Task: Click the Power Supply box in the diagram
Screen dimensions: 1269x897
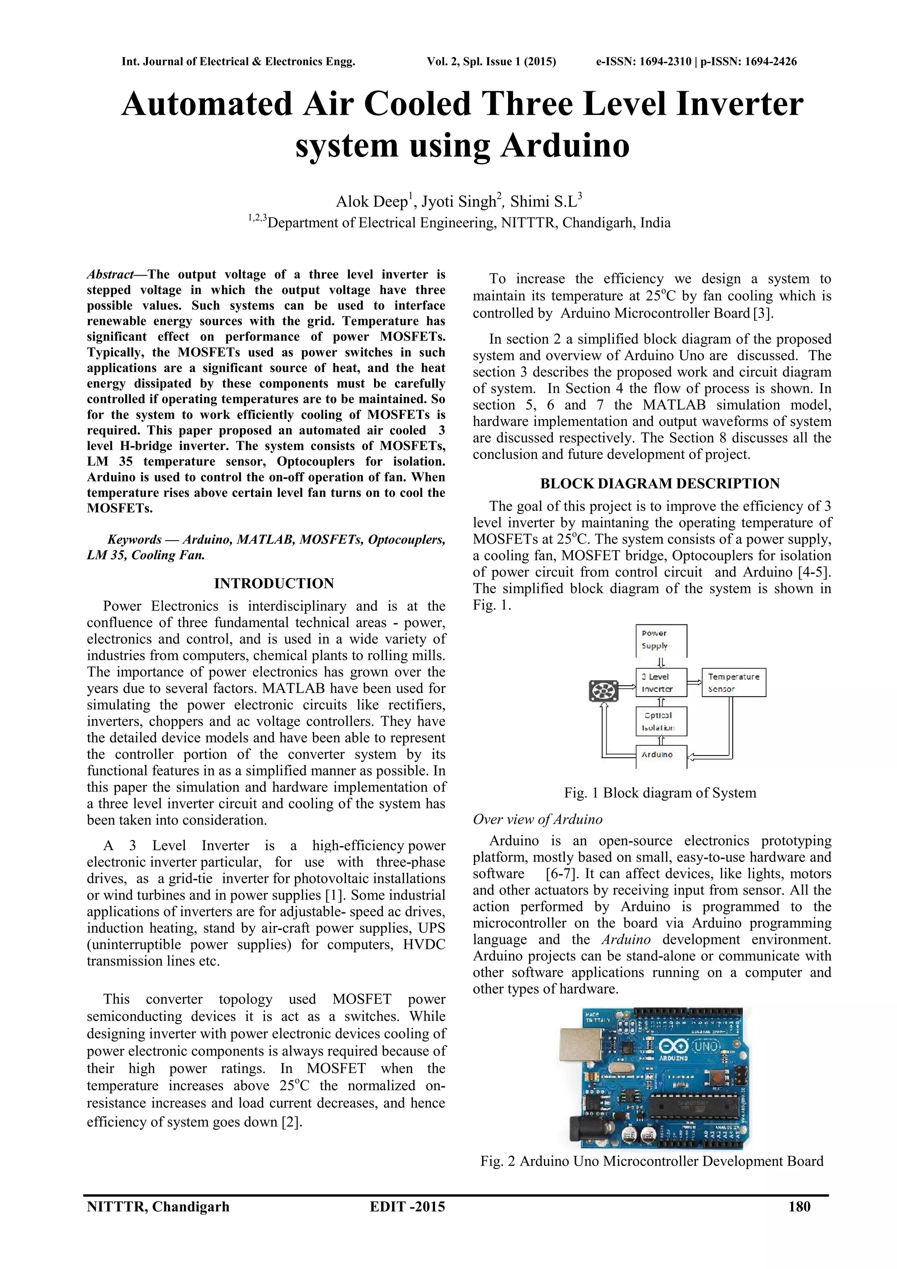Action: point(661,640)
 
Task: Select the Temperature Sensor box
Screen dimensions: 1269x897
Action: point(734,683)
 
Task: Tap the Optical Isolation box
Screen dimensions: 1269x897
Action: point(661,721)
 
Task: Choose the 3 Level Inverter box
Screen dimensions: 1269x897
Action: point(661,683)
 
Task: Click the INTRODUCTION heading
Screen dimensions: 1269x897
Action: point(274,584)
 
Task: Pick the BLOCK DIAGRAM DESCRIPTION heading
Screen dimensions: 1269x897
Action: point(660,484)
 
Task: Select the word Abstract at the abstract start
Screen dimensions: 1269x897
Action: point(110,275)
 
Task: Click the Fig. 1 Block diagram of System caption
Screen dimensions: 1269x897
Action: point(660,793)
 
